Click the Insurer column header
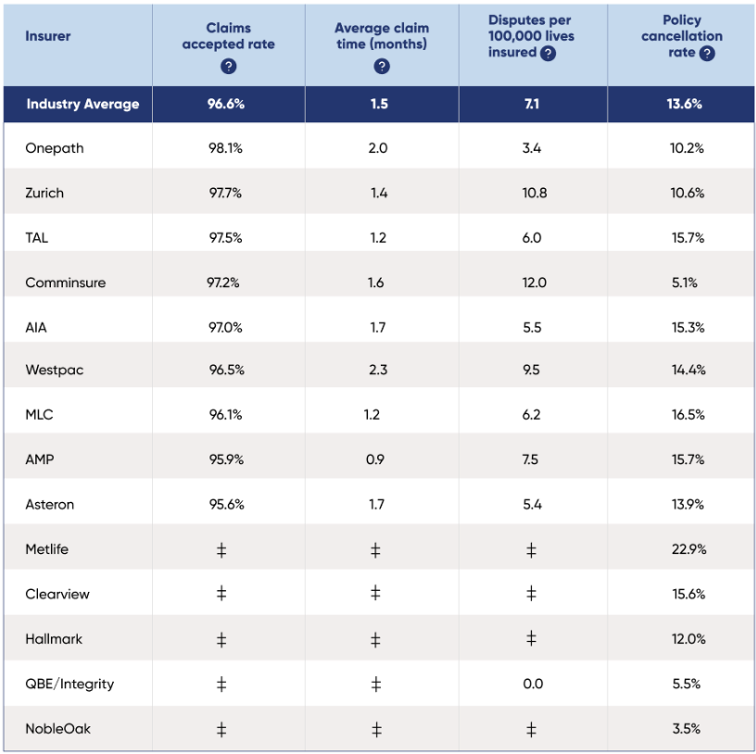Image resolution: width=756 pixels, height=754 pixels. pos(48,36)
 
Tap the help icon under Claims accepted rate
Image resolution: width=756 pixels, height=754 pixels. pos(229,67)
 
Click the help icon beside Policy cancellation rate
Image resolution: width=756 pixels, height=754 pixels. pos(707,54)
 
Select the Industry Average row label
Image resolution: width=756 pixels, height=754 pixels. pos(82,104)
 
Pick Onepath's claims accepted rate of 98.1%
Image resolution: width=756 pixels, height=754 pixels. pos(226,148)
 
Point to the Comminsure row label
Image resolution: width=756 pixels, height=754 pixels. pos(66,283)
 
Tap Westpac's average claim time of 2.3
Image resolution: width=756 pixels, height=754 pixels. pos(377,370)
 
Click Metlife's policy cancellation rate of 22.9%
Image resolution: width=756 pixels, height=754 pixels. pos(687,549)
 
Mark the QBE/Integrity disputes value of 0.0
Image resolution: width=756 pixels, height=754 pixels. pos(532,685)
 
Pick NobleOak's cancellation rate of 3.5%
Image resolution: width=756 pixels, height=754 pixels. pos(687,730)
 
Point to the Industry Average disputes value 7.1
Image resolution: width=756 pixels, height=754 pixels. pos(532,104)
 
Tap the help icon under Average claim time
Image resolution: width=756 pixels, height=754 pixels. pos(382,67)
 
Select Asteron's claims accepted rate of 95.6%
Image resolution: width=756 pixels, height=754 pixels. pos(226,505)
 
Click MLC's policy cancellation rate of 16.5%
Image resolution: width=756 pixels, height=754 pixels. pos(687,415)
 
